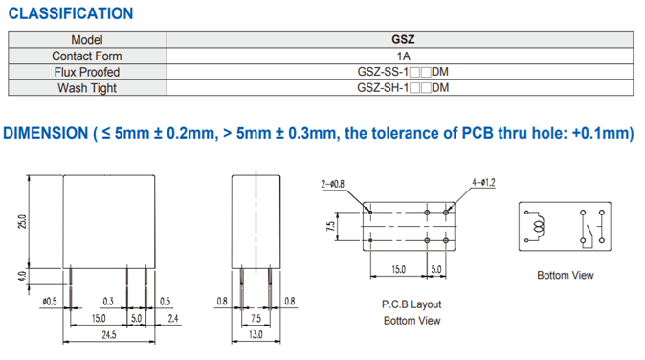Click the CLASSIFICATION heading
pyautogui.click(x=71, y=13)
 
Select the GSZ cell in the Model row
pyautogui.click(x=403, y=39)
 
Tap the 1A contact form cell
pyautogui.click(x=403, y=56)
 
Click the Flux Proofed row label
pyautogui.click(x=87, y=72)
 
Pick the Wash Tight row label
pyautogui.click(x=87, y=88)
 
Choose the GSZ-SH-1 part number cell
pyautogui.click(x=403, y=88)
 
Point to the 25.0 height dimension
pyautogui.click(x=22, y=221)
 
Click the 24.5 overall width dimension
pyautogui.click(x=109, y=335)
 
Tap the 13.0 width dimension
pyautogui.click(x=256, y=334)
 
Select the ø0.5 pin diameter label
pyautogui.click(x=50, y=302)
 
